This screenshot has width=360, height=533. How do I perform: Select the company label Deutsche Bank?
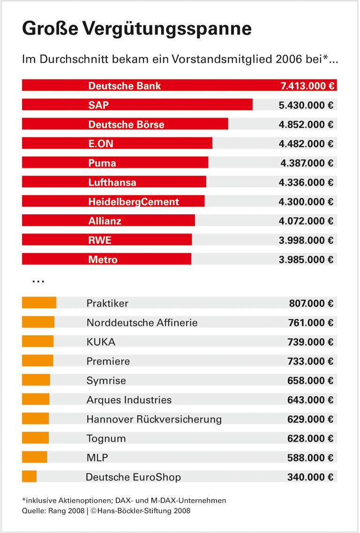(x=124, y=86)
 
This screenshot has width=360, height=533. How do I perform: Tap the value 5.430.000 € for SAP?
(x=306, y=105)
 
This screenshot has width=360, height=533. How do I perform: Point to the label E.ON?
(x=101, y=143)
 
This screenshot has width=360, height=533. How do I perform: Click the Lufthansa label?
(x=112, y=182)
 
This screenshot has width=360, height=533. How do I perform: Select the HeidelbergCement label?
(x=134, y=202)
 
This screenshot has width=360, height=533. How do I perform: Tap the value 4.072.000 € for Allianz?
(x=306, y=221)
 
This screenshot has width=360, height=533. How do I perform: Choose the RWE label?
(x=100, y=240)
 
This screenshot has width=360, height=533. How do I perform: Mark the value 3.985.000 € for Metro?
(x=306, y=260)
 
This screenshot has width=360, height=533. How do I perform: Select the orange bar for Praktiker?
(x=39, y=303)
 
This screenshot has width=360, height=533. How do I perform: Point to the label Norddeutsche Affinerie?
(x=142, y=323)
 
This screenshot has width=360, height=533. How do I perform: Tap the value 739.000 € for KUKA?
(x=310, y=342)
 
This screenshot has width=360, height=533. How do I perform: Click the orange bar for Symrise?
(x=36, y=381)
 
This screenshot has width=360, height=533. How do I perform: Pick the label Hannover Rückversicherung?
(x=154, y=419)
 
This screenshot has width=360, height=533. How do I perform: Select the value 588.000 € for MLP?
(x=310, y=458)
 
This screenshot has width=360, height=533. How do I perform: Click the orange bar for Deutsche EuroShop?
(x=29, y=477)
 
